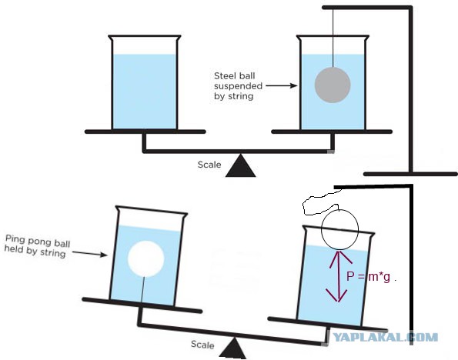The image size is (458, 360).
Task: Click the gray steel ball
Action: (x=333, y=85)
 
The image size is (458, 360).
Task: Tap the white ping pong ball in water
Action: (x=145, y=259)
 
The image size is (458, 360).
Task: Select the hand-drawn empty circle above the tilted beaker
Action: (x=339, y=229)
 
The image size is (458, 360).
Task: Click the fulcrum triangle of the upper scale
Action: (x=241, y=165)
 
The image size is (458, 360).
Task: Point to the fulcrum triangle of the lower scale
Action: (x=233, y=348)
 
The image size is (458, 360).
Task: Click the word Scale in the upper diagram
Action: (x=209, y=165)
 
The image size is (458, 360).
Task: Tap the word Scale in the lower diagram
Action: (x=202, y=345)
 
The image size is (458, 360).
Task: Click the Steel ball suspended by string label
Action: (x=238, y=86)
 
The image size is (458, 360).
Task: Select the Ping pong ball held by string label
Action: (x=38, y=246)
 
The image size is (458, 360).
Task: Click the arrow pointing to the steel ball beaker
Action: (x=282, y=85)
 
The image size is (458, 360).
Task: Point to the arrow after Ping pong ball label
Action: (x=89, y=253)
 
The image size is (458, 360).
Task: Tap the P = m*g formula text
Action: (x=371, y=276)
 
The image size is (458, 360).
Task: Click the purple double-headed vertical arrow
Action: (x=338, y=276)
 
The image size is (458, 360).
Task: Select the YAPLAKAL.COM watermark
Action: (x=386, y=338)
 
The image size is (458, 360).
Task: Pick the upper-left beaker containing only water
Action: (x=145, y=82)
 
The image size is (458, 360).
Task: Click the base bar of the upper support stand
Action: (x=411, y=174)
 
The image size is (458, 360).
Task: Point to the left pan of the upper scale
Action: (x=145, y=132)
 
